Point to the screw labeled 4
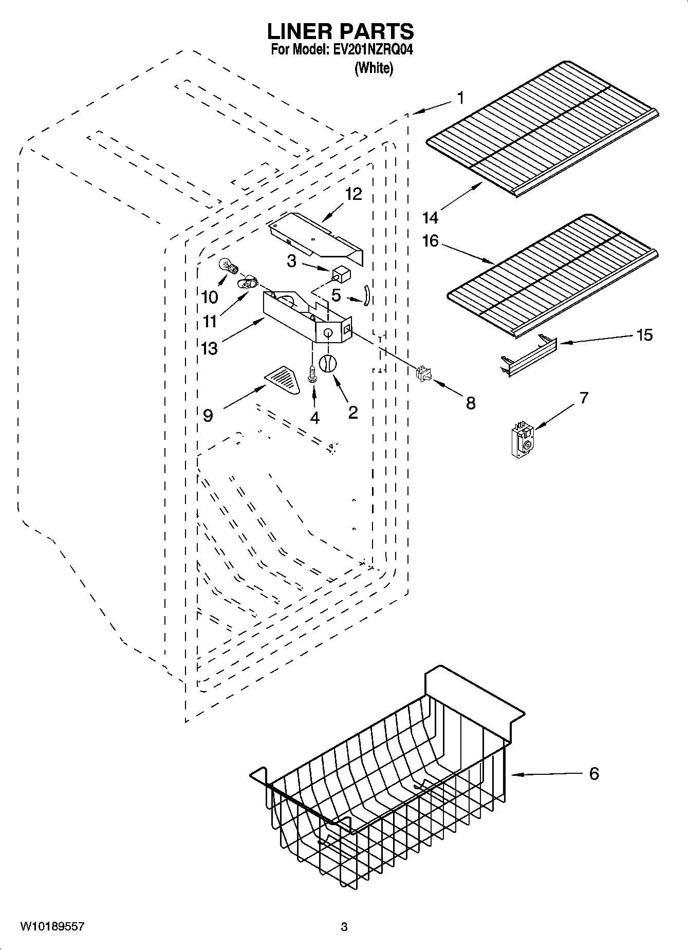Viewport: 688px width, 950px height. pos(312,373)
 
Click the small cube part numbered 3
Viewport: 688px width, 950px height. pos(340,273)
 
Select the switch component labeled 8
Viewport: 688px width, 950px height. pos(423,374)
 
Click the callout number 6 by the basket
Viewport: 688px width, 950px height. pos(594,774)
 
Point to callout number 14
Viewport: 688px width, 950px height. pos(430,218)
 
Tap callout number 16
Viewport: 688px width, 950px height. pos(430,240)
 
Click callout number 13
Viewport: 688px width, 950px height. pos(209,348)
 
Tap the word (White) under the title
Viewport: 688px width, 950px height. pos(374,68)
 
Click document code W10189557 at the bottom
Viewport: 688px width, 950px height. pos(52,927)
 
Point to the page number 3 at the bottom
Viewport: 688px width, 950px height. pos(344,927)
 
